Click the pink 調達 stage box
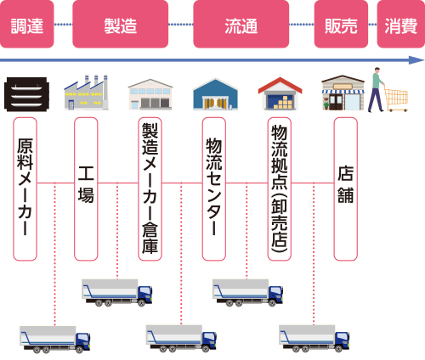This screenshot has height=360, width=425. (x=27, y=24)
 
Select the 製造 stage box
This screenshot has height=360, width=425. (x=121, y=24)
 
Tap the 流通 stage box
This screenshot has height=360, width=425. (x=241, y=24)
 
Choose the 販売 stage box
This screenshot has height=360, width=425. (x=341, y=24)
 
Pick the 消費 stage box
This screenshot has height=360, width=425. (x=401, y=24)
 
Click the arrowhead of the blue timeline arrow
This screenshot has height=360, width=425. (x=417, y=60)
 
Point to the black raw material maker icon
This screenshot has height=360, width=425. (x=26, y=94)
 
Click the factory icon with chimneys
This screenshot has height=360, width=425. (x=86, y=93)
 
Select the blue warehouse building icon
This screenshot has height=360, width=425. (x=215, y=94)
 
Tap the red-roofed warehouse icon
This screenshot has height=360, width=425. (x=280, y=93)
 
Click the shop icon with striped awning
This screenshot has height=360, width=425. (x=343, y=93)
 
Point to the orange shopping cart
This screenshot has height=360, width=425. (x=397, y=98)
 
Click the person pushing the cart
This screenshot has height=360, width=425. (x=377, y=90)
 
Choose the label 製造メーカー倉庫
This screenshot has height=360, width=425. (x=150, y=189)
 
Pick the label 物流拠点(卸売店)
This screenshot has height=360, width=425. (x=280, y=189)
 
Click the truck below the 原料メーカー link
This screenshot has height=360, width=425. (x=55, y=340)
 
